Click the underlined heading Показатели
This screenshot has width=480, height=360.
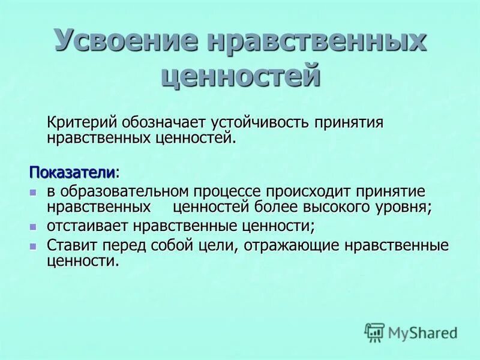[72, 172]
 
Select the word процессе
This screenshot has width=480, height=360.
[227, 191]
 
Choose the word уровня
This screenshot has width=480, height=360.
[403, 207]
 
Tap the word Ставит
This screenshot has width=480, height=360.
[66, 245]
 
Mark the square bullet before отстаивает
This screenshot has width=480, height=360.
[34, 227]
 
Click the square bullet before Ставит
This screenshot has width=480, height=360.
[34, 246]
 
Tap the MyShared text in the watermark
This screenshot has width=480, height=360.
[423, 332]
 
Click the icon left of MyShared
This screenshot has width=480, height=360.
[374, 332]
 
